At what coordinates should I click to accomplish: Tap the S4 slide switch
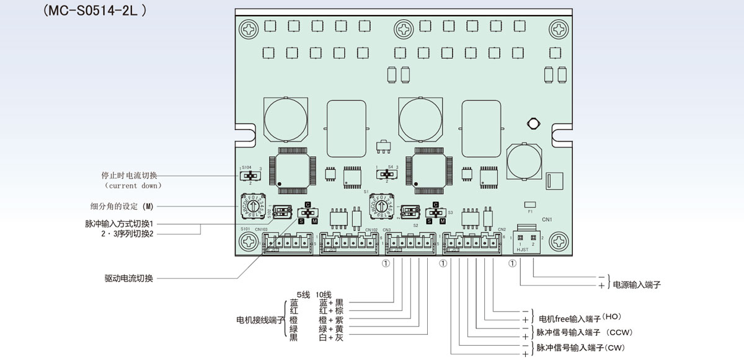point(388,175)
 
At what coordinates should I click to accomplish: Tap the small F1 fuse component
point(529,204)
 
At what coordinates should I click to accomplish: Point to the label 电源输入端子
point(637,285)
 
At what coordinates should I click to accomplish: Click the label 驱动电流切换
point(129,278)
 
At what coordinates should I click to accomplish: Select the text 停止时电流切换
point(130,175)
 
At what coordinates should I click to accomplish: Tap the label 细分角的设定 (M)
point(122,206)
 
